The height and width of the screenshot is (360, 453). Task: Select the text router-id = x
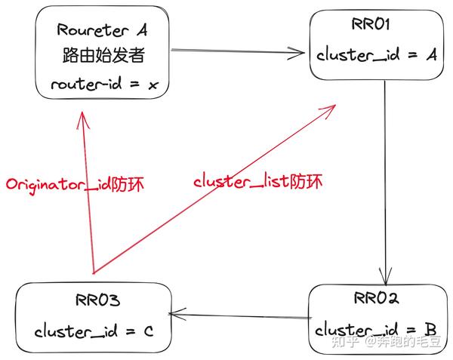101,85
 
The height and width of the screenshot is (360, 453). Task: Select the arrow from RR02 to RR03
242,315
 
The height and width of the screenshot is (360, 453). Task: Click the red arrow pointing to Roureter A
86,196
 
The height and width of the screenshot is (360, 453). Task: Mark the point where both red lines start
91,272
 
